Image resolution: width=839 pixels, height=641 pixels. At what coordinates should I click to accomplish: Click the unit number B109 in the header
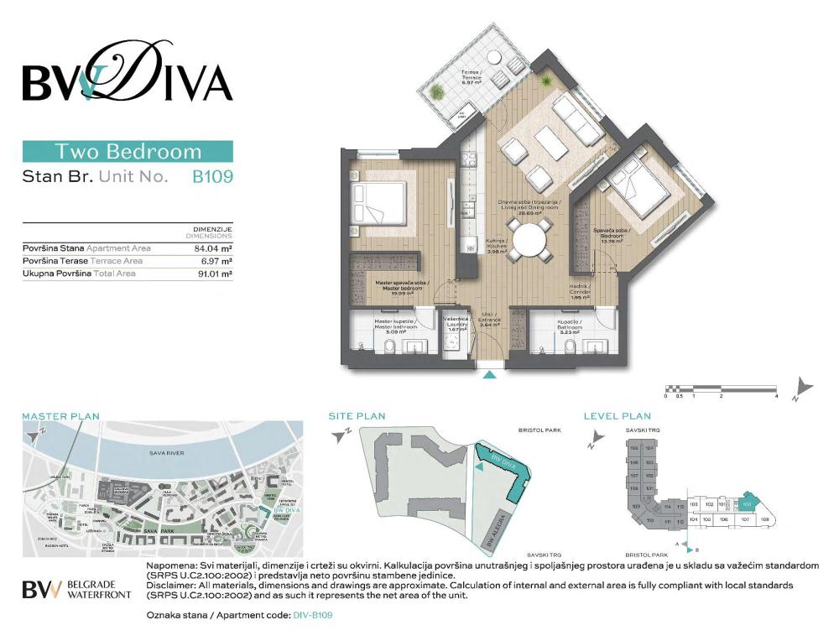[211, 177]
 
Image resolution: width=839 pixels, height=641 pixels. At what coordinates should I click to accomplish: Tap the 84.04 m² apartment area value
[212, 248]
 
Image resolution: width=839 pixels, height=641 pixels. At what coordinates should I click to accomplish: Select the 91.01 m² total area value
[212, 274]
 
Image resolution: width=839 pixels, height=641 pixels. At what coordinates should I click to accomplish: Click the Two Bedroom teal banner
[128, 152]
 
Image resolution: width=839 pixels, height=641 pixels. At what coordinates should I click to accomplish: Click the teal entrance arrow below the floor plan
[489, 374]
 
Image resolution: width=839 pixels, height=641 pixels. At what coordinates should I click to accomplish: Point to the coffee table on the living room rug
[552, 143]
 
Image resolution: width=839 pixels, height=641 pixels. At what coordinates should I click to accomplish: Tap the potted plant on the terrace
[437, 91]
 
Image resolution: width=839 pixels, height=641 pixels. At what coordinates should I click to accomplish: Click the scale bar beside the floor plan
[722, 388]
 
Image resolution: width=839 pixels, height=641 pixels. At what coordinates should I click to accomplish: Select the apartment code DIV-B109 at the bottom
[314, 615]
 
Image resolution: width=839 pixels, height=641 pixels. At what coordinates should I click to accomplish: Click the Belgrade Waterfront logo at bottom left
[76, 588]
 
